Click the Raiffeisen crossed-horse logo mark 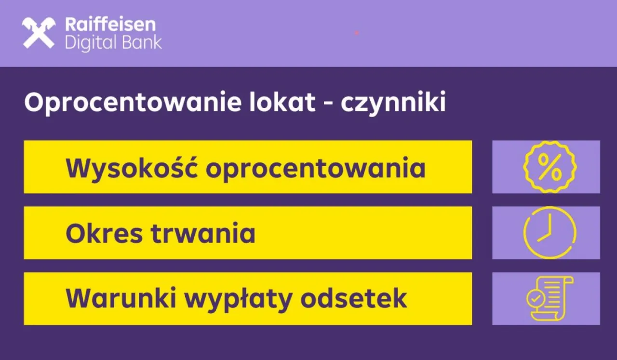pos(39,33)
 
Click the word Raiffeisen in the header pos(110,24)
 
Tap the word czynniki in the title pos(393,104)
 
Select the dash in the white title pos(328,105)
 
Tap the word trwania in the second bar pos(203,233)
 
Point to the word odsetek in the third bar pos(354,299)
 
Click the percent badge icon pos(550,167)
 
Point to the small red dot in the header pos(357,33)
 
